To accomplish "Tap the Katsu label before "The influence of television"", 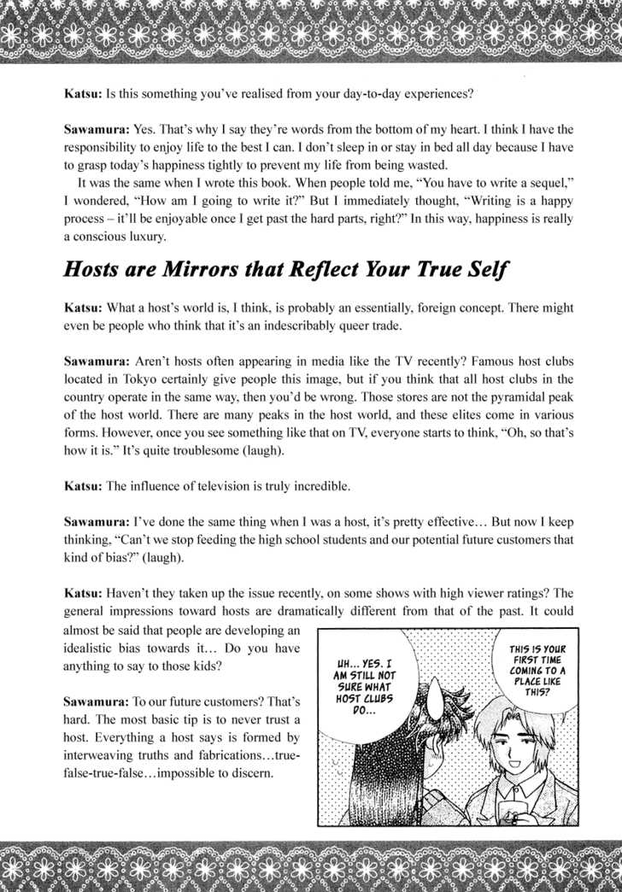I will click(81, 485).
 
